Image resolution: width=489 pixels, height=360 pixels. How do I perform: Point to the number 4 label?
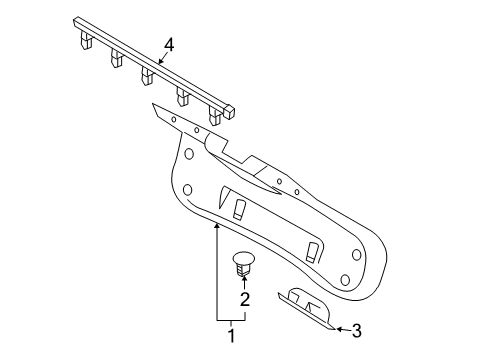tap(170, 45)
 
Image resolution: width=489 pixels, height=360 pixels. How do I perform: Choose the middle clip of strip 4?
tap(148, 76)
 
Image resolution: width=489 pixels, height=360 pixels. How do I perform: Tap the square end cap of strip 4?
tap(230, 111)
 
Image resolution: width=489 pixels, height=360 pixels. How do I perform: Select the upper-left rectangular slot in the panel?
tap(240, 209)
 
